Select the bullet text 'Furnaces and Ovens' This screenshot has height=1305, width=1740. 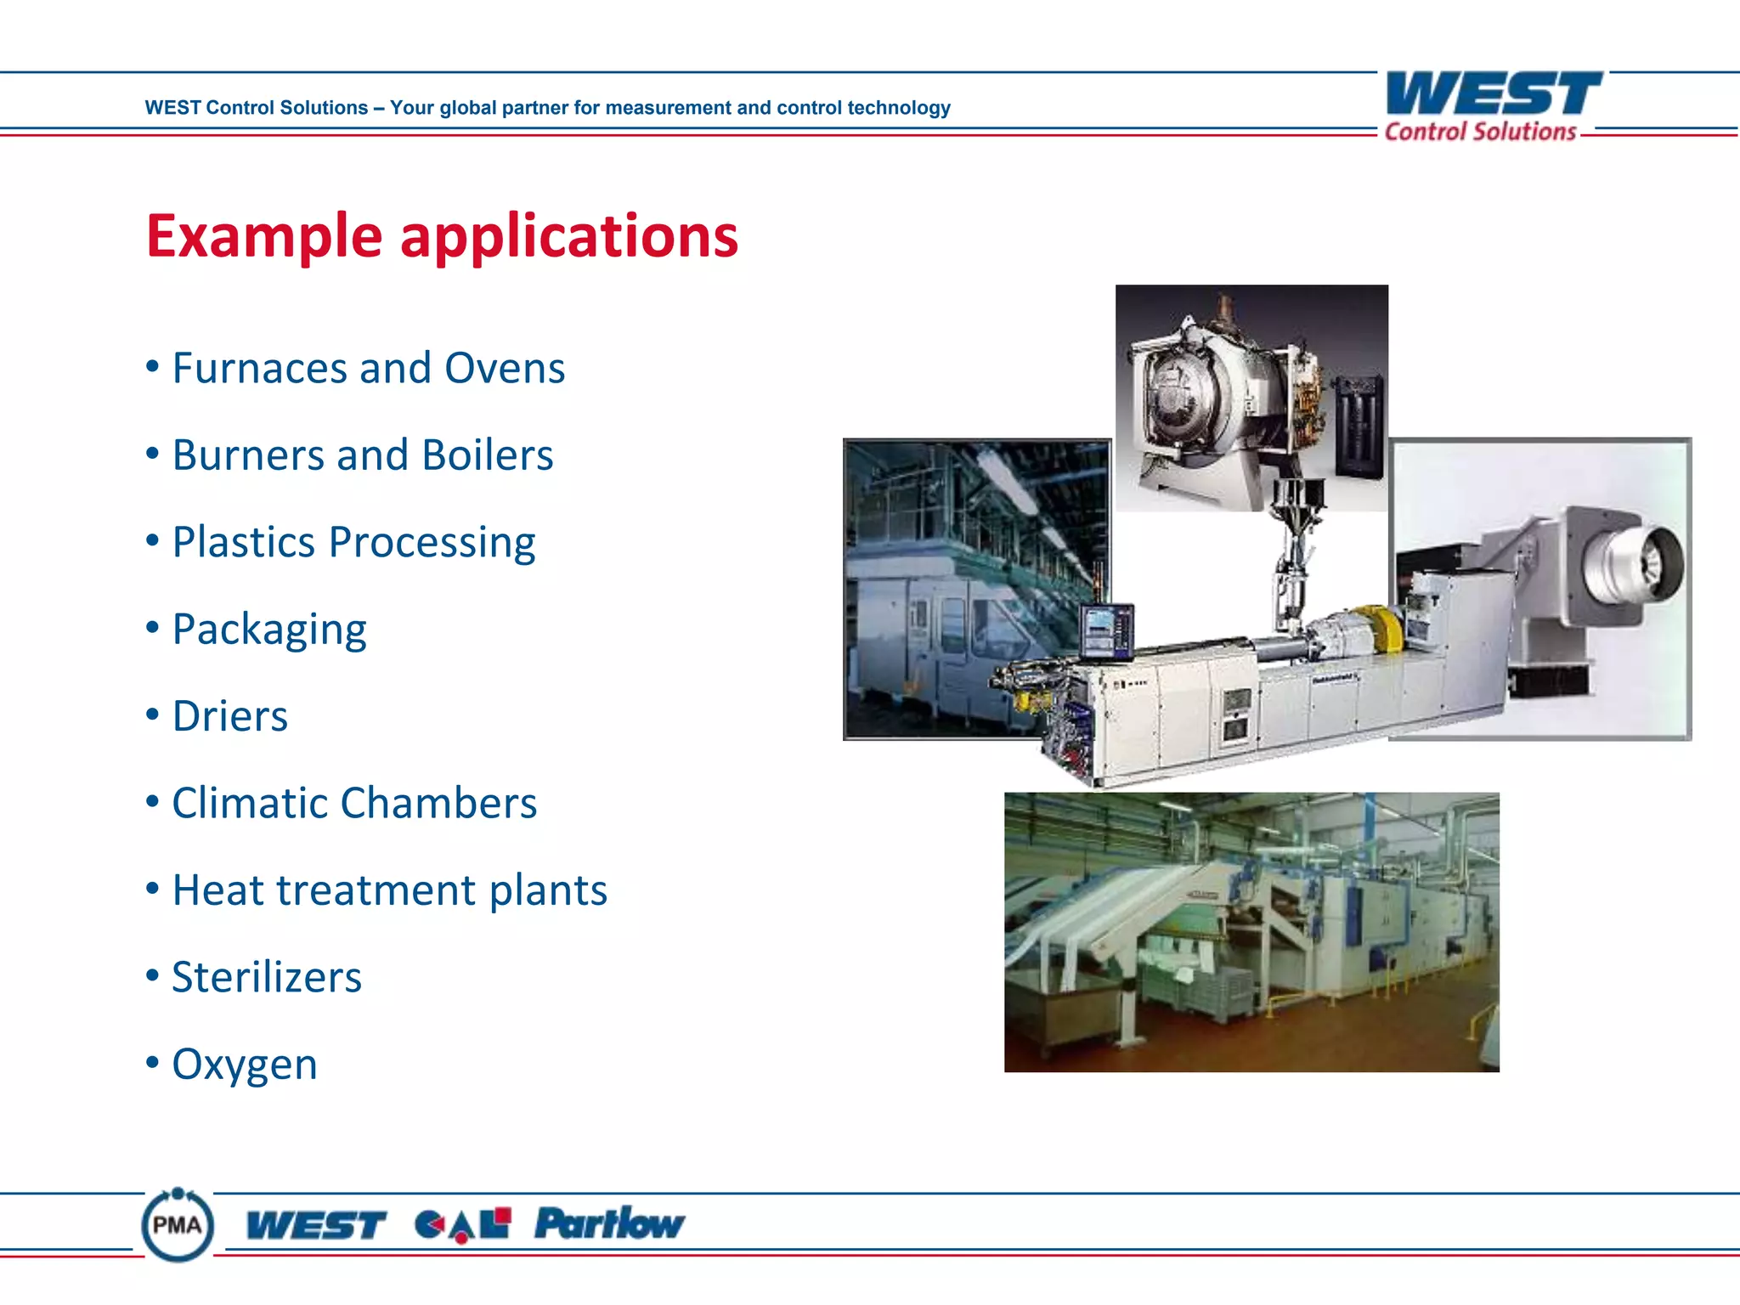368,369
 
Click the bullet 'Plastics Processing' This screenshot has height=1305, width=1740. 353,542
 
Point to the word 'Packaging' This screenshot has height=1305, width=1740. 269,630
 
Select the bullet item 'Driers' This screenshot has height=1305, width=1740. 229,716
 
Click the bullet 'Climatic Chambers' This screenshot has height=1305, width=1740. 354,803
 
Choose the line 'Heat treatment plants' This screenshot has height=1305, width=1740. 389,890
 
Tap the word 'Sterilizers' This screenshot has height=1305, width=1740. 267,977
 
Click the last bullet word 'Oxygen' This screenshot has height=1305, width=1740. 245,1064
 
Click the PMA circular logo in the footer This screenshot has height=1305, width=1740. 178,1225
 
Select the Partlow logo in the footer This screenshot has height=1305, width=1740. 609,1223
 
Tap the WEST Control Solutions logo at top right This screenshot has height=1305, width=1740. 1492,106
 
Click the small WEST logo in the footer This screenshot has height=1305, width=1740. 315,1226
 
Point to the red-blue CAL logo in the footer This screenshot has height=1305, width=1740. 463,1225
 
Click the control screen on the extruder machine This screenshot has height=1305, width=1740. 1106,630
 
